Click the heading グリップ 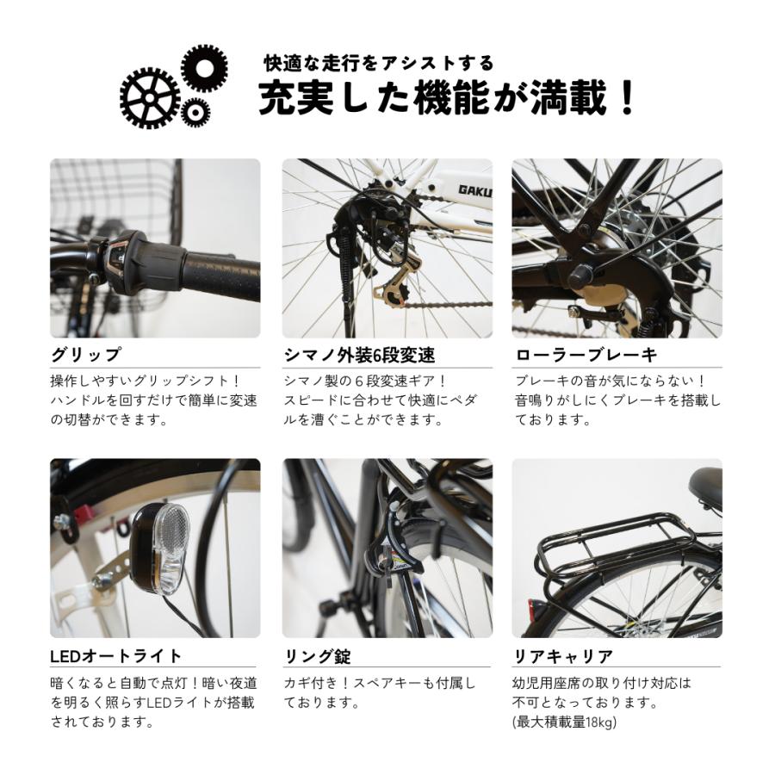click(x=85, y=355)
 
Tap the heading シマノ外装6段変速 click(x=359, y=355)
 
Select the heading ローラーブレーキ click(x=586, y=355)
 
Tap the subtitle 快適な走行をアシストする click(x=379, y=63)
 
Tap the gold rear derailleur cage click(x=392, y=288)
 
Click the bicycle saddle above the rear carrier click(x=705, y=485)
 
